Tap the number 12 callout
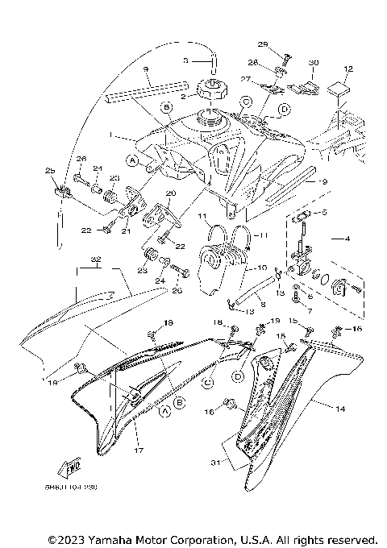[x=348, y=68]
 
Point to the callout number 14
[x=339, y=410]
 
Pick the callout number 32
[x=96, y=259]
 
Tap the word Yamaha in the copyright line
[x=114, y=538]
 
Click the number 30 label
[x=314, y=61]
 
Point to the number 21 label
[x=126, y=231]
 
